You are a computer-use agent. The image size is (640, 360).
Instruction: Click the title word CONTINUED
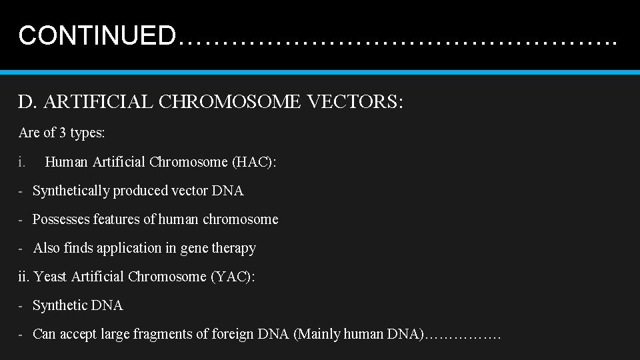pyautogui.click(x=97, y=35)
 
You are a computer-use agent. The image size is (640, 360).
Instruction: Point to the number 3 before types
pyautogui.click(x=63, y=133)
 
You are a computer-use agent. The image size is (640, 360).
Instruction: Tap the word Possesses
pyautogui.click(x=61, y=219)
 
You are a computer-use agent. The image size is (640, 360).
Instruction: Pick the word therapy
pyautogui.click(x=233, y=248)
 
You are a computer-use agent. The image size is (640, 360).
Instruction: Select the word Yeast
pyautogui.click(x=50, y=277)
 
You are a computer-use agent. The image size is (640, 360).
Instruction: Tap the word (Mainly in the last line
pyautogui.click(x=316, y=334)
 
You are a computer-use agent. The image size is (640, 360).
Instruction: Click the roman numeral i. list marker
pyautogui.click(x=22, y=162)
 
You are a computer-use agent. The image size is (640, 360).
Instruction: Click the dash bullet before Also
pyautogui.click(x=21, y=248)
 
